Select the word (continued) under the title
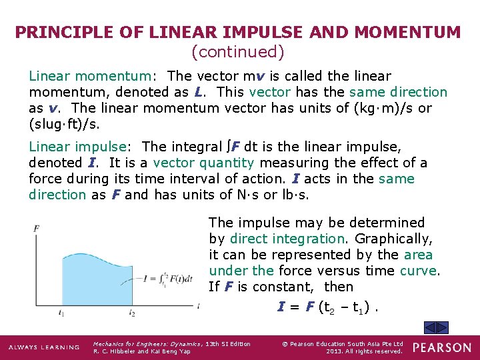pos(238,51)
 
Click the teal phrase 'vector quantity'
pos(203,163)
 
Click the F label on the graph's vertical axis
pos(36,229)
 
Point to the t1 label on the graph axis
pos(61,312)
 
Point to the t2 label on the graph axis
pos(132,312)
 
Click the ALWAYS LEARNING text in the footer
pos(43,347)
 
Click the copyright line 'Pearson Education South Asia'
pos(342,344)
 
